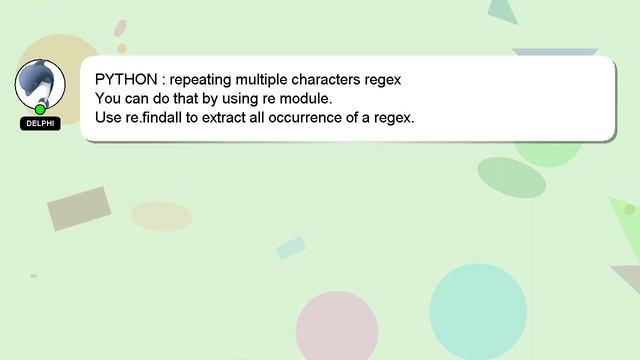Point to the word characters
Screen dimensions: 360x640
[x=334, y=78]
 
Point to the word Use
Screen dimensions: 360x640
[x=108, y=117]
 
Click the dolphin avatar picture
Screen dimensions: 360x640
[x=40, y=83]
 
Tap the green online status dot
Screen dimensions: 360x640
[x=40, y=109]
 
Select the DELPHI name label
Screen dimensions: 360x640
[x=40, y=124]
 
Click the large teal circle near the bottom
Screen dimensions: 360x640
[x=478, y=311]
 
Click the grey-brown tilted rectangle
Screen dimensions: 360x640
[x=78, y=208]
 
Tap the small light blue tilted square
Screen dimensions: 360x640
[x=291, y=247]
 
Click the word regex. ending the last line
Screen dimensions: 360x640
[x=393, y=117]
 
